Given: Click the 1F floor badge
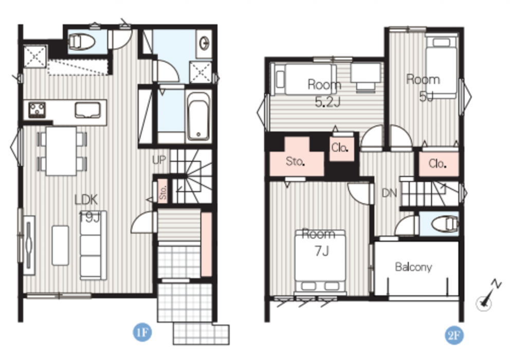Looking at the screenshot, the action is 142,332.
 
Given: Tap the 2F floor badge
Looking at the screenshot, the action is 454,335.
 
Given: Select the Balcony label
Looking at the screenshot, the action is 413,267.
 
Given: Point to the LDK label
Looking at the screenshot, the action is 86,199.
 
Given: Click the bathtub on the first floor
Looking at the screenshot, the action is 198,116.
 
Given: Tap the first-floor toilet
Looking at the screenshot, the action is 81,42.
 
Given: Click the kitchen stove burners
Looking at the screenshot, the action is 36,110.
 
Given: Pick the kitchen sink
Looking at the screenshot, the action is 87,110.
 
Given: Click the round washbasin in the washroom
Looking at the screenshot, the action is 205,43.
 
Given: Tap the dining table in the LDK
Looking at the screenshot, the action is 61,151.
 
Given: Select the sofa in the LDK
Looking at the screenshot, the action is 93,245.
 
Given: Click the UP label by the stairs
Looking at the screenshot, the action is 159,160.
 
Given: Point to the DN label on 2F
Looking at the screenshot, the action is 390,193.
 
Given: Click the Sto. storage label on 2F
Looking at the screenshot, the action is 296,161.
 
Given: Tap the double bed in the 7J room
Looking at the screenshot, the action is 320,261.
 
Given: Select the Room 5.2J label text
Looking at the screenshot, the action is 324,93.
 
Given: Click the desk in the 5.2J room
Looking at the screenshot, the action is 365,77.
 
